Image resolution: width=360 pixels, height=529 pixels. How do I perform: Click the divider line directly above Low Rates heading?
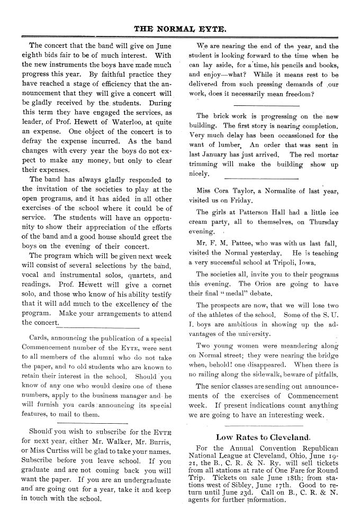[x=263, y=426]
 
